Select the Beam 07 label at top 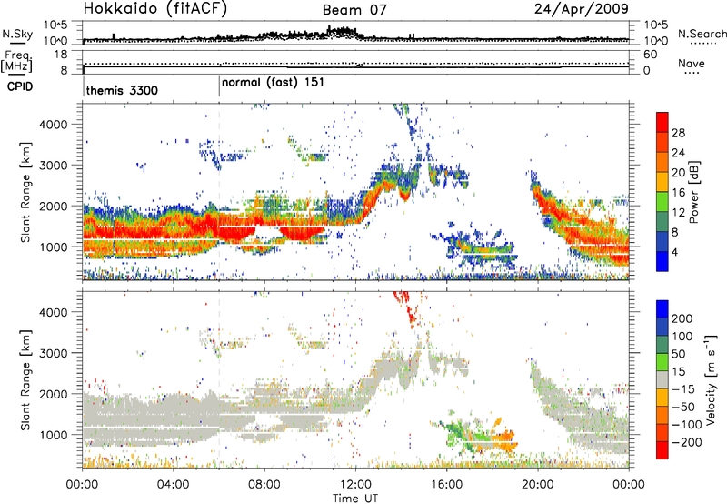click(x=354, y=10)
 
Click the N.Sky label click(x=15, y=34)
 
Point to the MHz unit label click(x=15, y=66)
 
